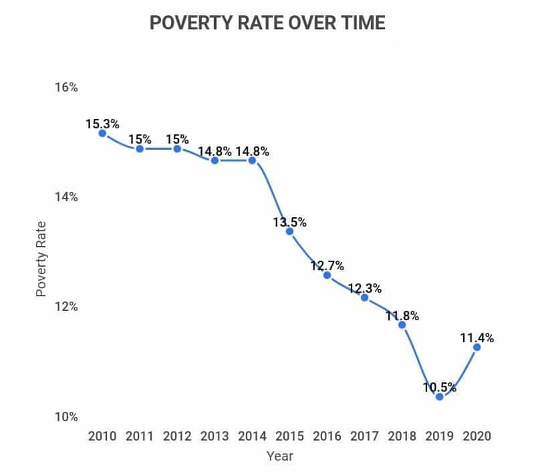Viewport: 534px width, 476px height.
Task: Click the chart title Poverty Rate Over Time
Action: [267, 23]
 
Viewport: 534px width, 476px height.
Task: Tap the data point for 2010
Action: [102, 133]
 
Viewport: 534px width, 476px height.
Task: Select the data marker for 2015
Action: [289, 231]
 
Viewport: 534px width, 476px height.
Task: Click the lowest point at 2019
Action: [439, 396]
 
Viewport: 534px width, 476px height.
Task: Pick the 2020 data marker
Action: [477, 347]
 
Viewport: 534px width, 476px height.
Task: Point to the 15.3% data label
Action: [102, 124]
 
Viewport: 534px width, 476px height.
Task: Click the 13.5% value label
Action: [289, 222]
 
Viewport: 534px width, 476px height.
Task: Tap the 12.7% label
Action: [327, 266]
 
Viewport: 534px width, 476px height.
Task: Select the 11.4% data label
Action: [477, 338]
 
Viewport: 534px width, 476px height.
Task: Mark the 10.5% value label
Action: [439, 387]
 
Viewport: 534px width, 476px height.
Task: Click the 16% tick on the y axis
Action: [66, 88]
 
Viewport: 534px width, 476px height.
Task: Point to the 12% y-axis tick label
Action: [66, 307]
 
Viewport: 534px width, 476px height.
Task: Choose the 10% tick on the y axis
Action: [66, 417]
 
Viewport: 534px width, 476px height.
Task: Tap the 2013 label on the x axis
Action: [214, 436]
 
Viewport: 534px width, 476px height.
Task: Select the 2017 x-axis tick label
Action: [364, 436]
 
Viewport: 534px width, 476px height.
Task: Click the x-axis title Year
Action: [280, 457]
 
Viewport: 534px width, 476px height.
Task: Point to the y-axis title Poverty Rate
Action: [41, 259]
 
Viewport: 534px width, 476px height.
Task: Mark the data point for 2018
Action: [402, 324]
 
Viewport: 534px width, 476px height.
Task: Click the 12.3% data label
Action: [364, 289]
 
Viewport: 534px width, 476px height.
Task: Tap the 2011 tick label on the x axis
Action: [139, 436]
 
